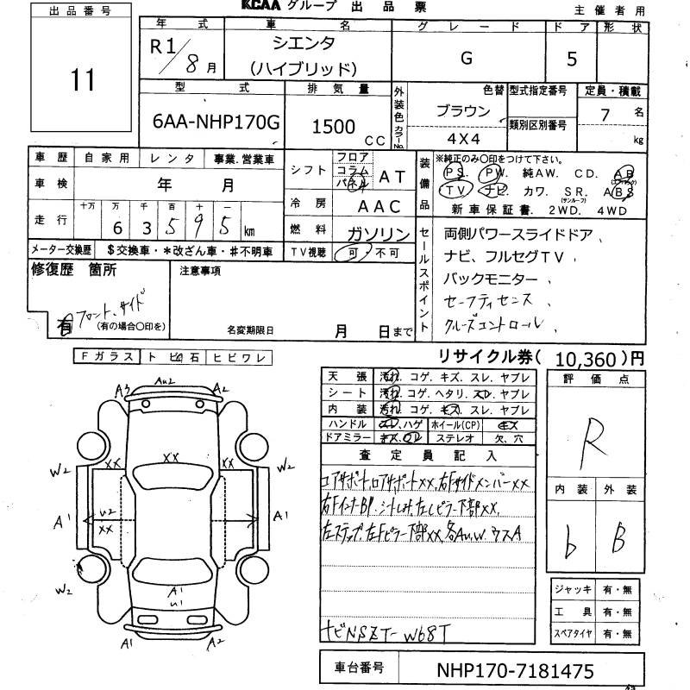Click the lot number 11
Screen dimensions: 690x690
click(83, 82)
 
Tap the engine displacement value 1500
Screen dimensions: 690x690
click(333, 126)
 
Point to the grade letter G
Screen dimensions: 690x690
click(467, 59)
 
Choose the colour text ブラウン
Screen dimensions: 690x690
click(463, 111)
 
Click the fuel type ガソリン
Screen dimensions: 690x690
click(378, 233)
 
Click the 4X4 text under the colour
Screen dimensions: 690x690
click(462, 136)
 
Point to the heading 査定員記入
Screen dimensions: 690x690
click(431, 455)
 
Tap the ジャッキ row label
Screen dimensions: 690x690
click(573, 589)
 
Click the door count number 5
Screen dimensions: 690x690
click(595, 59)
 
